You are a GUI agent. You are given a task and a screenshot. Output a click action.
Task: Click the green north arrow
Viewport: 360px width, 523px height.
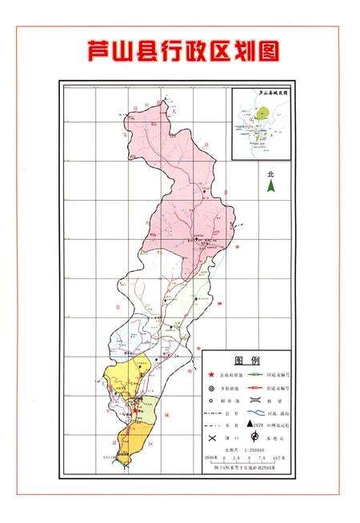[x=271, y=186]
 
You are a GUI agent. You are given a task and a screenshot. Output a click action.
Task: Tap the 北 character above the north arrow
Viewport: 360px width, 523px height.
[x=271, y=173]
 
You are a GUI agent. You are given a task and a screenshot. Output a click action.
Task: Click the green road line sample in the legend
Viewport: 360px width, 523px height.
[x=257, y=374]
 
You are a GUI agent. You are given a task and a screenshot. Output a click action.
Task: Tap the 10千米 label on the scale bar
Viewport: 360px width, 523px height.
[x=279, y=458]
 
